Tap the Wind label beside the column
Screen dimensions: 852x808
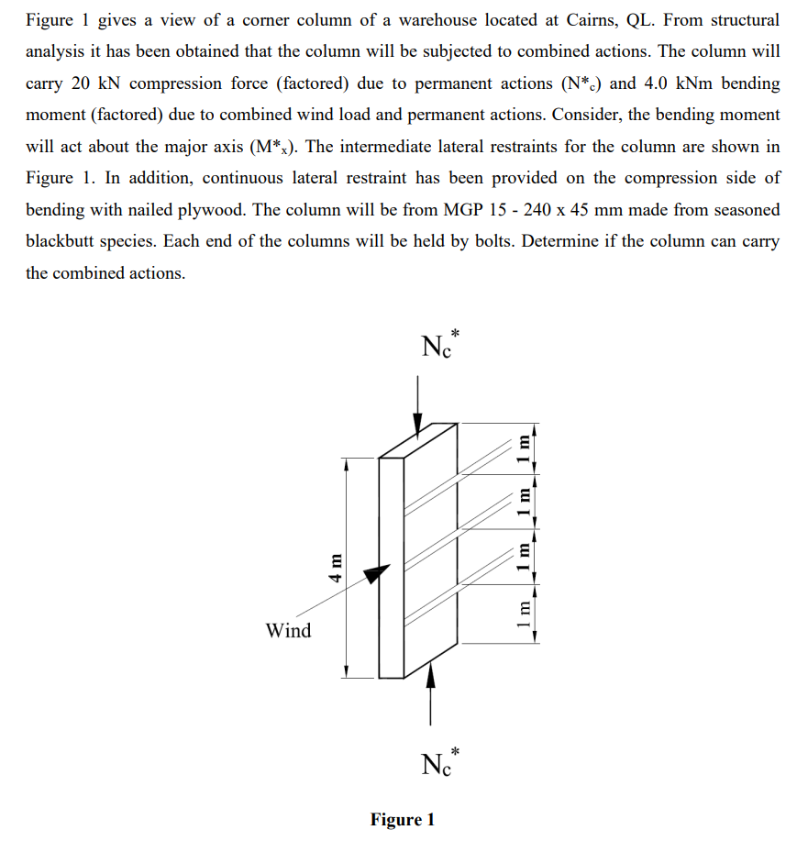click(288, 631)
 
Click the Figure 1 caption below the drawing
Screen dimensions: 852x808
click(403, 819)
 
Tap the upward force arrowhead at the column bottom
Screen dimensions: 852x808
click(430, 676)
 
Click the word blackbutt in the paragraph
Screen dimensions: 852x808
click(62, 241)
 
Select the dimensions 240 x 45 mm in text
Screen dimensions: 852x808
click(574, 209)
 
